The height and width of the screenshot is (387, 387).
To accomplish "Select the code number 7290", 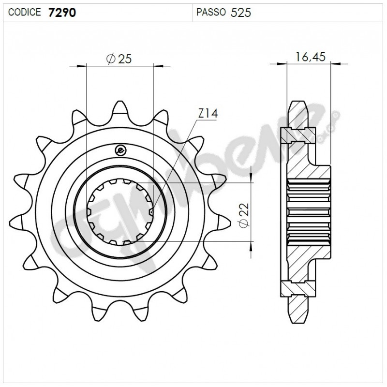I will [61, 13].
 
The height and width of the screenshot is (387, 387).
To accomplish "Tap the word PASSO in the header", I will [211, 13].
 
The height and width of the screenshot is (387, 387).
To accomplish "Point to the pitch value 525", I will [241, 13].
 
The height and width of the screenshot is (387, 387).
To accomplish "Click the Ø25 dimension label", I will [119, 59].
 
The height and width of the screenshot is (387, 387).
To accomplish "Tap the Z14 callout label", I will [208, 114].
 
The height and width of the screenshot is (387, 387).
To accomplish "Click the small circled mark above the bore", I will [120, 150].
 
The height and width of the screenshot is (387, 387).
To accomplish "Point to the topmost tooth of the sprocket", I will [120, 107].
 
